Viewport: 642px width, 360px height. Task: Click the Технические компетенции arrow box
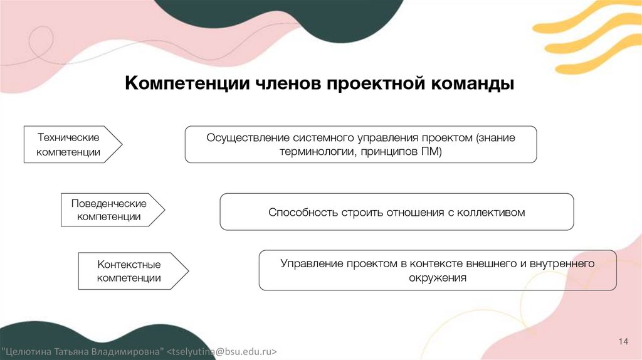69,144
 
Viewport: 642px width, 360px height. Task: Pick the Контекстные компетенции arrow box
129,271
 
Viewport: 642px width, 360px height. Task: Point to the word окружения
438,278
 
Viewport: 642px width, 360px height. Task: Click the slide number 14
623,341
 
